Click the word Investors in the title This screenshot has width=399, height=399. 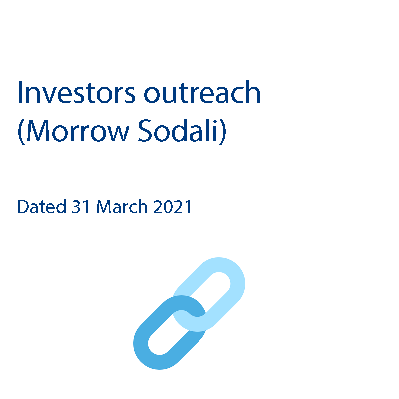click(76, 92)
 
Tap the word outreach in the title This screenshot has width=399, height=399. click(202, 92)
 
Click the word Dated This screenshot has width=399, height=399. click(42, 206)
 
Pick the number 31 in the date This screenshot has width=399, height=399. click(80, 206)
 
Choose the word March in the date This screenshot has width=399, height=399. click(122, 206)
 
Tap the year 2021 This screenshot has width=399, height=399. click(172, 206)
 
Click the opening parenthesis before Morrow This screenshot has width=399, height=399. click(21, 131)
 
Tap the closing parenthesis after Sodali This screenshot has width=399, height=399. click(222, 131)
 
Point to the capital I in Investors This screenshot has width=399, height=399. click(20, 92)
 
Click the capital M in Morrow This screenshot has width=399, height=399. click(38, 130)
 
